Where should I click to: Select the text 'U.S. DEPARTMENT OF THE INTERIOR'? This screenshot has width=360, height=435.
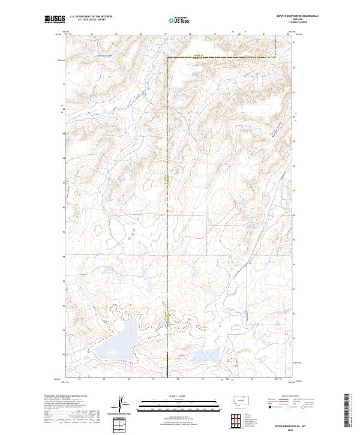pos(91,16)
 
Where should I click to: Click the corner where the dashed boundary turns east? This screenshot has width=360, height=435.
pos(166,58)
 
